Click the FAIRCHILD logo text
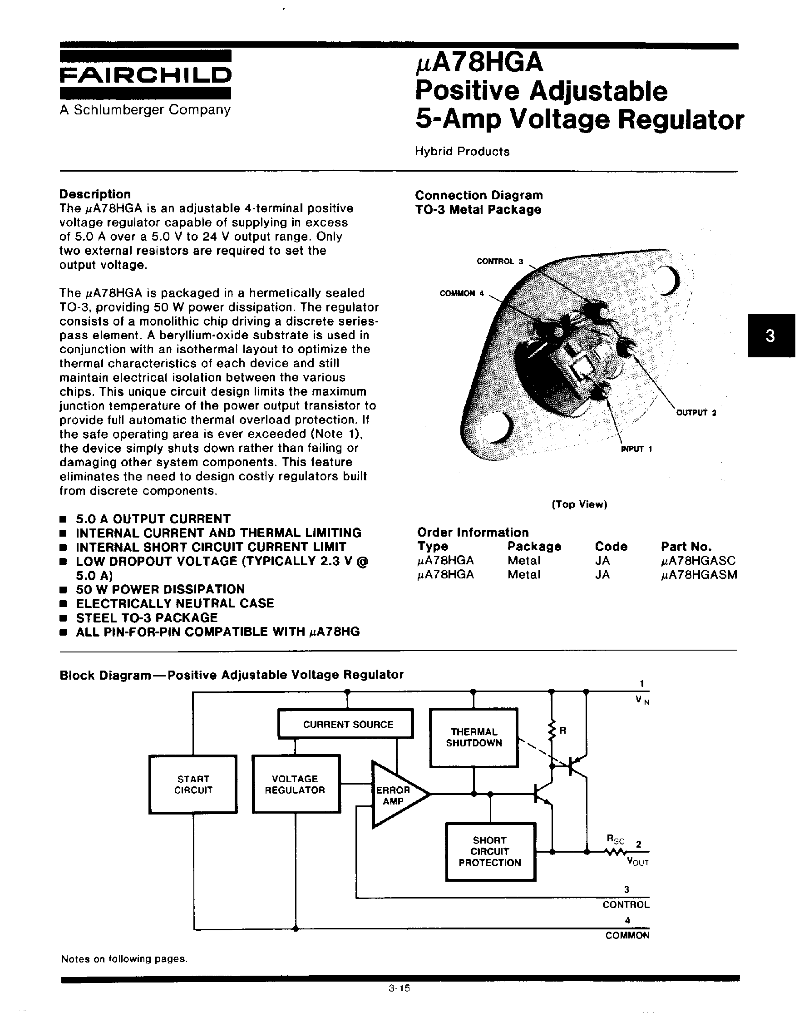click(x=145, y=75)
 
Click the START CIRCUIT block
click(x=193, y=785)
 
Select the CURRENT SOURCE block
click(x=345, y=724)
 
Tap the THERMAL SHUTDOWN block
click(x=473, y=738)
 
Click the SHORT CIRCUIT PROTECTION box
click(x=490, y=851)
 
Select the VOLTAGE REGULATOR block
click(x=295, y=785)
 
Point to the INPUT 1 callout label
click(x=636, y=449)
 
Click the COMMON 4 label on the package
click(x=461, y=293)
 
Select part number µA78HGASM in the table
click(x=699, y=575)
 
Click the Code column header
click(x=611, y=546)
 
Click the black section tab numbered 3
click(x=770, y=336)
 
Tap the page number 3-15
click(x=399, y=988)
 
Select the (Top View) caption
click(x=579, y=504)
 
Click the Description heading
click(x=95, y=194)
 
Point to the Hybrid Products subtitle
click(x=462, y=152)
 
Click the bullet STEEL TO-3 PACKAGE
click(x=147, y=617)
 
